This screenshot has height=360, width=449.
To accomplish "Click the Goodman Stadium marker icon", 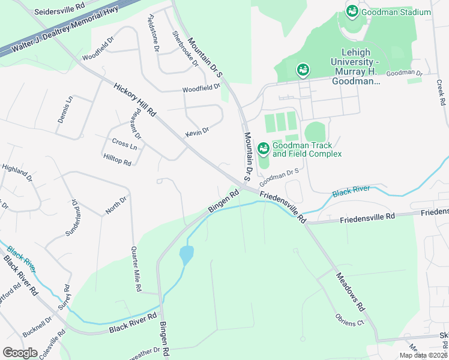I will (352, 11).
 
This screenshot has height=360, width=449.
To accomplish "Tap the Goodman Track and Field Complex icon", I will (263, 148).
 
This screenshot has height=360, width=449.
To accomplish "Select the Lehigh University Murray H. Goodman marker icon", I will (303, 71).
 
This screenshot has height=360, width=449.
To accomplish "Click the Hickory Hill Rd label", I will (134, 100).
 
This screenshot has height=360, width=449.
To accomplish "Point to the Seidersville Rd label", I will (59, 11).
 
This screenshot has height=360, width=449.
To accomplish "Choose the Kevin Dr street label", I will (197, 131).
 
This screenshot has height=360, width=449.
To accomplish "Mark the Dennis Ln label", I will (65, 109).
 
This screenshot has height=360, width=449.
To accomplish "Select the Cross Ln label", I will (124, 144).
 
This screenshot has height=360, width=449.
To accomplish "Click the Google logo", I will (20, 352).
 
